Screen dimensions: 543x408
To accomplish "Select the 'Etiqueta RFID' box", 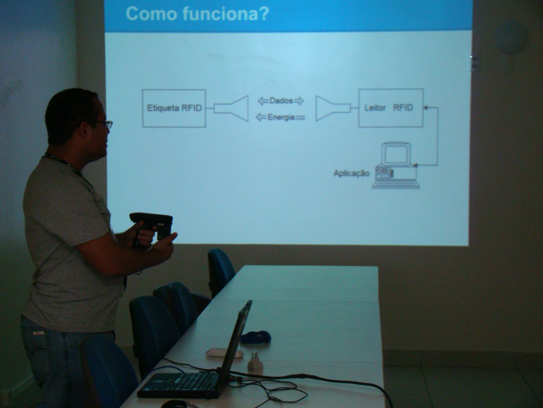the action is pos(174,108).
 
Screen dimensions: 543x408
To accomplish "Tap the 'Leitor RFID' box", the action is pos(391,108).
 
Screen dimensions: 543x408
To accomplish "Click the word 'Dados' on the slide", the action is pos(281,101).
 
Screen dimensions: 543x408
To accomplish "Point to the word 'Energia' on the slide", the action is pos(281,117).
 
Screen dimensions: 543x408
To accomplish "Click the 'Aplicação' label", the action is pos(351,174).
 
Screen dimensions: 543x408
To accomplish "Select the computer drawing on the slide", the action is pos(396,165).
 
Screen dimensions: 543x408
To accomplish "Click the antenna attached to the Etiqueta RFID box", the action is pos(231,108).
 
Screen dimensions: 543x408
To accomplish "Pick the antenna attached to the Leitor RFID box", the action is pos(333,108).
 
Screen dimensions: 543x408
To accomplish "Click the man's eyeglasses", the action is pos(103,124).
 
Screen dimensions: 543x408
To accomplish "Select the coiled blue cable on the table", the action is pos(256,337).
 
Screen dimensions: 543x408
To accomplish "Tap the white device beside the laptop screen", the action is pos(224,353).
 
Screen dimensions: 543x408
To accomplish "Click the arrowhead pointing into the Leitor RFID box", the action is pos(425,108).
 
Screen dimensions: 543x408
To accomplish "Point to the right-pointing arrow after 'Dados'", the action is pos(299,101).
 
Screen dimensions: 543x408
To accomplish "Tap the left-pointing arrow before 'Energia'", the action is pos(261,117).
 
